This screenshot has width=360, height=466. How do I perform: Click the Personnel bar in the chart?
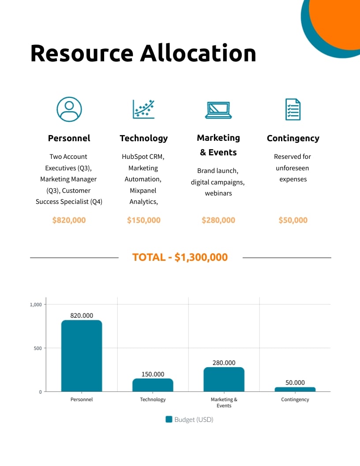[82, 356]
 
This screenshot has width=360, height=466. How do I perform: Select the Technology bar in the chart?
[153, 385]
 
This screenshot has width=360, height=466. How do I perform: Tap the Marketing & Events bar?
[224, 379]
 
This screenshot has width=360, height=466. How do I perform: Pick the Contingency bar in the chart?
[295, 389]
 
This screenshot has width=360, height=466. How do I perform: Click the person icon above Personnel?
[69, 109]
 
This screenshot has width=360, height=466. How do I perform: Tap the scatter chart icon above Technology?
[144, 109]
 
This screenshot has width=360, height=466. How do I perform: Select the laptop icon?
[218, 110]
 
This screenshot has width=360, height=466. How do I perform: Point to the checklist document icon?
[293, 109]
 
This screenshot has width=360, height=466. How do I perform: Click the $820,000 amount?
[69, 220]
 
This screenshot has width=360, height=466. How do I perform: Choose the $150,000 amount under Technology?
[144, 220]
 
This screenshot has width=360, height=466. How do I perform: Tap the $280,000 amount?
[218, 220]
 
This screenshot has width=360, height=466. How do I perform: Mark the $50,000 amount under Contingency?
[293, 220]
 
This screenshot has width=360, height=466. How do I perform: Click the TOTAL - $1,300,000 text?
[180, 257]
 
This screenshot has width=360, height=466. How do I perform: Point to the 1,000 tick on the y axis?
[36, 304]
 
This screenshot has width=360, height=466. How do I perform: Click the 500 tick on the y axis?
[38, 348]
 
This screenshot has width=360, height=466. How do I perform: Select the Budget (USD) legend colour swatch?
[169, 419]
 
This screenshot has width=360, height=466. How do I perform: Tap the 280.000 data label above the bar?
[224, 363]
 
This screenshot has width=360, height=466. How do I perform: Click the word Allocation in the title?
[198, 53]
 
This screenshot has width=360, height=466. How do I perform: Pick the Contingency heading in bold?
[293, 138]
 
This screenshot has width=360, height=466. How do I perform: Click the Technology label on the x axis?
[153, 399]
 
